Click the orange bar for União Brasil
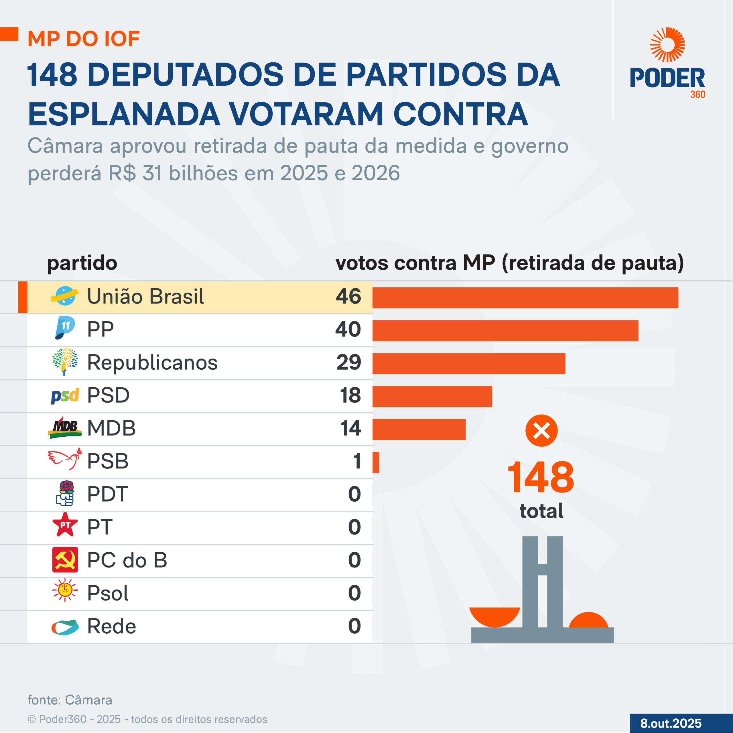(x=525, y=297)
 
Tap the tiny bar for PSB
(x=376, y=462)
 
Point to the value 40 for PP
(x=348, y=329)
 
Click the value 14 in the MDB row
(x=350, y=428)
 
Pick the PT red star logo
(x=65, y=525)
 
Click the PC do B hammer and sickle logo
(x=65, y=559)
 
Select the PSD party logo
(x=65, y=396)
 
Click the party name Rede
(x=112, y=626)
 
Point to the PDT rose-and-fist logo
(x=65, y=493)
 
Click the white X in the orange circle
(x=541, y=431)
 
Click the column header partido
(x=82, y=263)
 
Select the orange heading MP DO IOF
(x=84, y=39)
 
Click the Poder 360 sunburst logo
(x=667, y=45)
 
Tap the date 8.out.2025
(x=671, y=723)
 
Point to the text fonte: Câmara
(x=70, y=700)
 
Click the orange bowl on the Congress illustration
(x=494, y=616)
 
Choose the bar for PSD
(x=432, y=397)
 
